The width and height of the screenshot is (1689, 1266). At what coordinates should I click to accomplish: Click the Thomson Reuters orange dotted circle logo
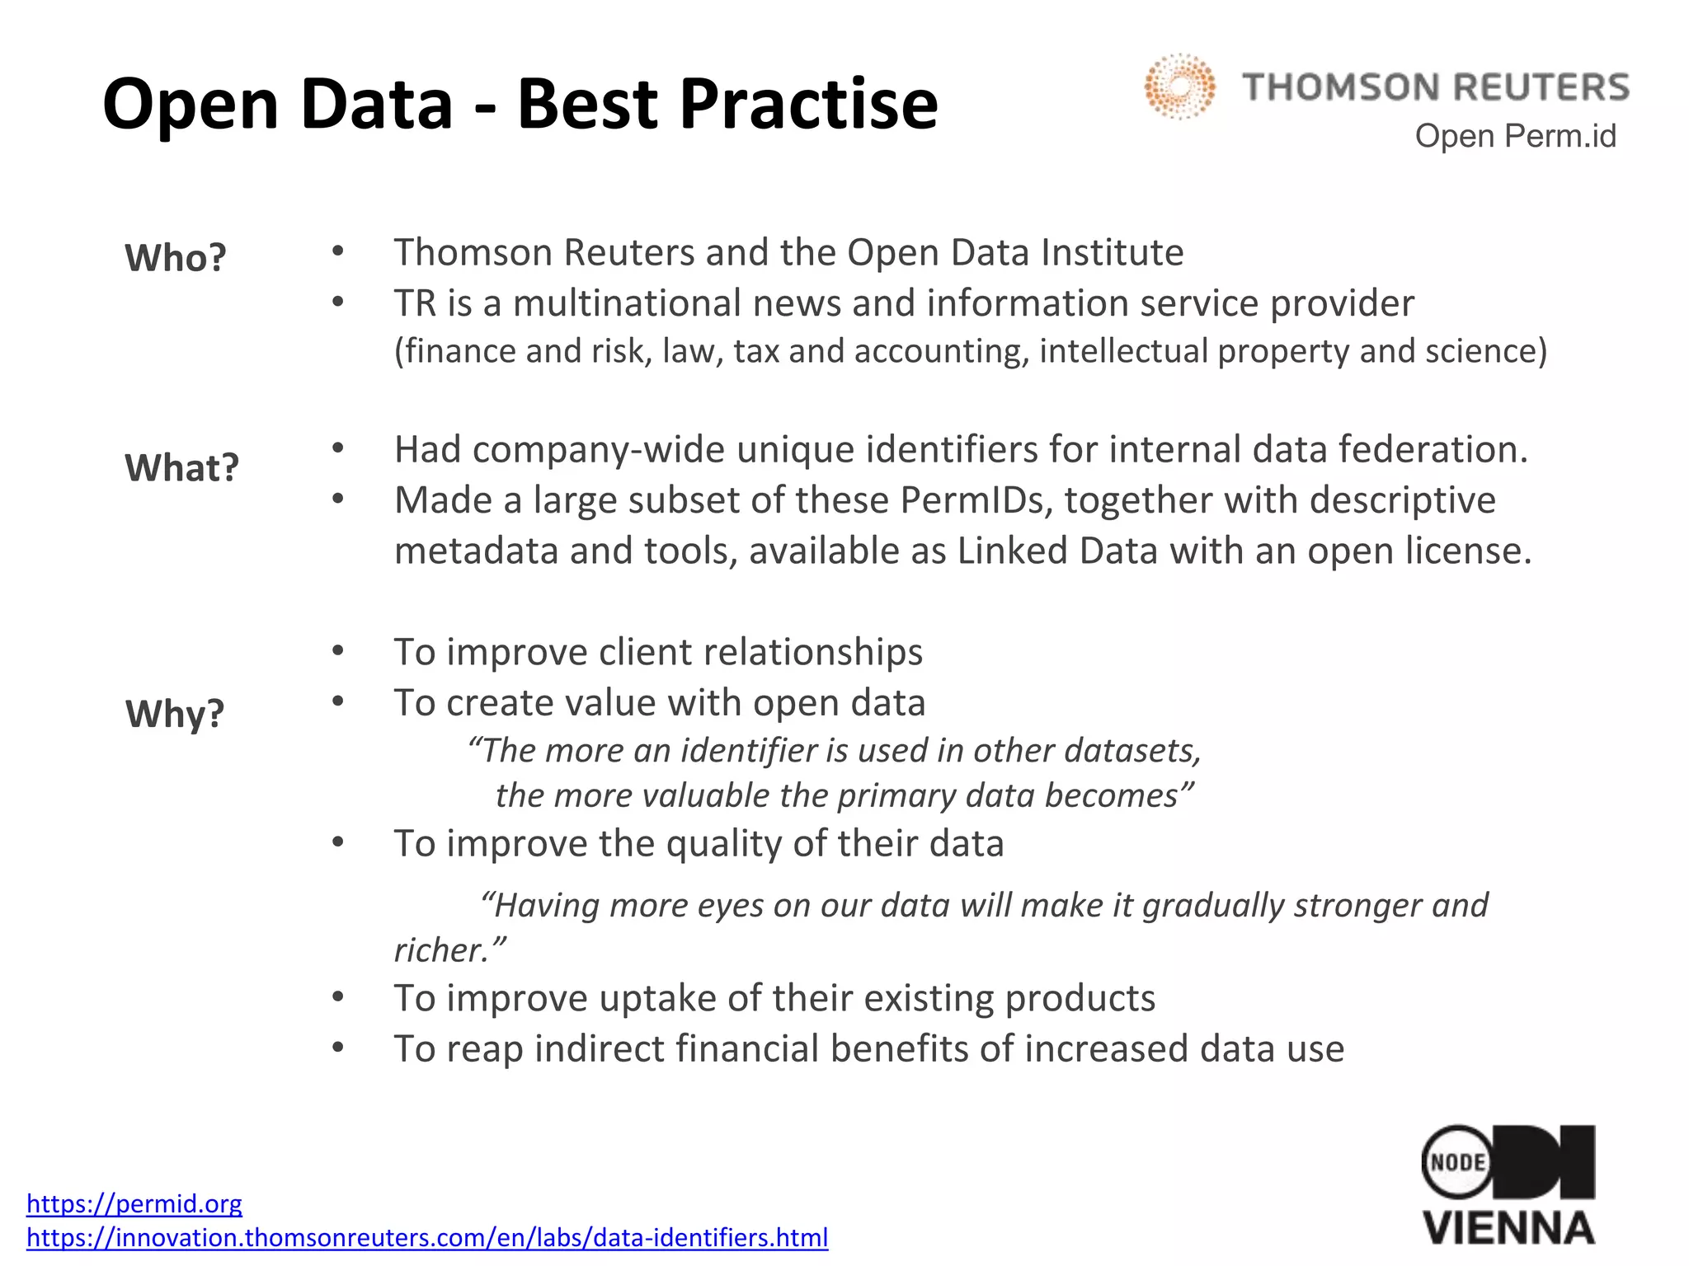[x=1179, y=87]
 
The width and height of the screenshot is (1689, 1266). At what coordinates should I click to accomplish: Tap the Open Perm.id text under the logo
[x=1515, y=136]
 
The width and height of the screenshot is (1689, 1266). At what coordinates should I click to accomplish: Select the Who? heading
[x=176, y=258]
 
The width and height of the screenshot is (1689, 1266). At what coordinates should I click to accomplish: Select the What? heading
[x=181, y=468]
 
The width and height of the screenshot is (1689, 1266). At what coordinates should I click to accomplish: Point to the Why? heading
[x=175, y=714]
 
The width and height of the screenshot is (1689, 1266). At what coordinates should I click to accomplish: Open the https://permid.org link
[x=134, y=1204]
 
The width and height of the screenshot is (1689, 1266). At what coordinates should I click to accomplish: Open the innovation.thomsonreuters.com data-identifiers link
[x=427, y=1238]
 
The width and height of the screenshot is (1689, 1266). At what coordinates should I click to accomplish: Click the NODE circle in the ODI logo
[x=1457, y=1162]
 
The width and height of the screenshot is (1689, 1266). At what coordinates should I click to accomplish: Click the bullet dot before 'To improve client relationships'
[x=337, y=651]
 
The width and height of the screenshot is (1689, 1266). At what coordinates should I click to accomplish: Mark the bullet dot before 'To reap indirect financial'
[x=337, y=1048]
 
